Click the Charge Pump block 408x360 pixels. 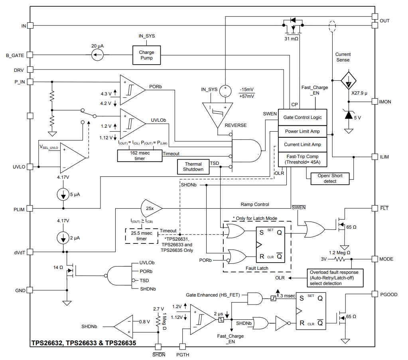[146, 55]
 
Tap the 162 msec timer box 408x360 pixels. [140, 156]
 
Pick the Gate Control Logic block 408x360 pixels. [302, 117]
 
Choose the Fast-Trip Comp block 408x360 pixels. [302, 159]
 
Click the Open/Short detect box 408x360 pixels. [330, 178]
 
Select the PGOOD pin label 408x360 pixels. [389, 295]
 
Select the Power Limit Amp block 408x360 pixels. [302, 131]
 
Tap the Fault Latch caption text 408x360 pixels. [257, 268]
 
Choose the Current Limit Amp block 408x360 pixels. [302, 145]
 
